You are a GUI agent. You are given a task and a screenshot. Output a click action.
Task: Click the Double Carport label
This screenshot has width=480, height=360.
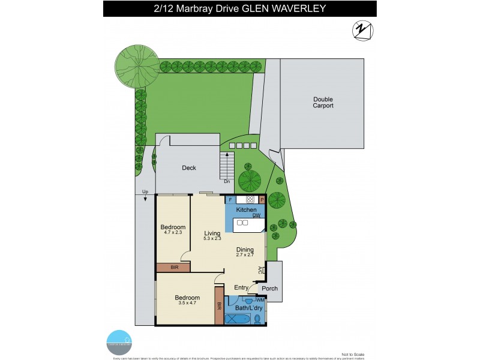point(323,102)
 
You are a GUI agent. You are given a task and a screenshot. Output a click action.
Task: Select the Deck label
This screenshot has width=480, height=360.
point(189,168)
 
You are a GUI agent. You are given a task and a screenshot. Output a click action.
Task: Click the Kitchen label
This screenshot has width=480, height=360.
point(245,209)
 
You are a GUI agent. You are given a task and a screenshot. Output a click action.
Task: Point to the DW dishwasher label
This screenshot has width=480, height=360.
point(256,215)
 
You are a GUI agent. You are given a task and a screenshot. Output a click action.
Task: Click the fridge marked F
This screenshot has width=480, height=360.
point(230,199)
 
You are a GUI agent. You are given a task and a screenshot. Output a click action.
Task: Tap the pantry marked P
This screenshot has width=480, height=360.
point(262,199)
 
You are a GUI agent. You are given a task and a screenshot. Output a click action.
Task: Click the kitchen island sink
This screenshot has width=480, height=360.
point(242,223)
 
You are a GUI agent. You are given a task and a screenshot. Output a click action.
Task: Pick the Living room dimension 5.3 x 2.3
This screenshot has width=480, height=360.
point(212,239)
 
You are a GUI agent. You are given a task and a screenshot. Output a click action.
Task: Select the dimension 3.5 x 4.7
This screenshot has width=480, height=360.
point(187,303)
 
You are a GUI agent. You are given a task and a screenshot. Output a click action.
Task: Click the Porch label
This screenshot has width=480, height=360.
point(270,288)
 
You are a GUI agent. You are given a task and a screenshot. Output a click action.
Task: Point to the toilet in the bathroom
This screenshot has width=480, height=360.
point(257,318)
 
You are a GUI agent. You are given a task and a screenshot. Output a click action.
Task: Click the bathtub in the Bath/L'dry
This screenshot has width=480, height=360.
point(236,319)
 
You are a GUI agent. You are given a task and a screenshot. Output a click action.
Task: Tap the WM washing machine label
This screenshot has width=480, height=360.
point(260,299)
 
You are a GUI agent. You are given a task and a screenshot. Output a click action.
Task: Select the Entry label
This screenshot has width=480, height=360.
point(241,288)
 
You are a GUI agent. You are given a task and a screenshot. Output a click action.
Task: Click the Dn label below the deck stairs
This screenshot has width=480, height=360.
point(226,181)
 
